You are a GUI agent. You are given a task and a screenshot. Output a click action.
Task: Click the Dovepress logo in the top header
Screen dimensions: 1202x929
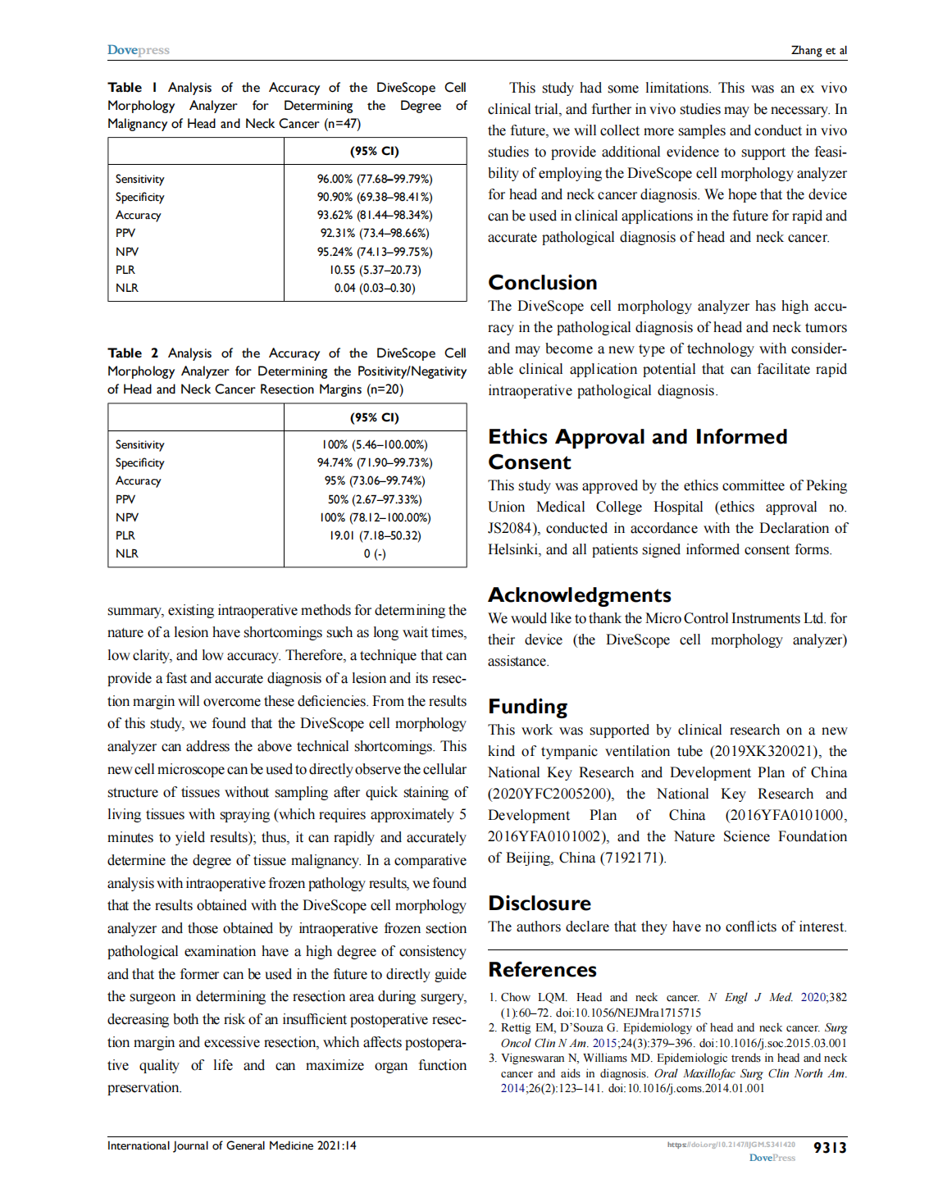click(x=138, y=50)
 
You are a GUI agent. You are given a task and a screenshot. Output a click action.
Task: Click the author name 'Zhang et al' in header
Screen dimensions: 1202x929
click(x=818, y=50)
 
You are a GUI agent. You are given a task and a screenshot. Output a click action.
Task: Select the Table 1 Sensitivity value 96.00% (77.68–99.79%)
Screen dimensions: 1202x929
click(x=375, y=179)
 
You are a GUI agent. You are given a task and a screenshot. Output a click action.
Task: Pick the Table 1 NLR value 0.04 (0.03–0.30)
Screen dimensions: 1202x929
click(x=375, y=288)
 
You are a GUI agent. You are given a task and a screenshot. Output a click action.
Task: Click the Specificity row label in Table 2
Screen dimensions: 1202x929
click(x=139, y=462)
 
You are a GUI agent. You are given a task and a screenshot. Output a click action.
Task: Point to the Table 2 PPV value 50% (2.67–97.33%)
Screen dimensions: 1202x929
click(x=375, y=499)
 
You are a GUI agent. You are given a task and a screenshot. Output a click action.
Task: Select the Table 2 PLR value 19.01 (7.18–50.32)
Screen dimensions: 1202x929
click(x=375, y=535)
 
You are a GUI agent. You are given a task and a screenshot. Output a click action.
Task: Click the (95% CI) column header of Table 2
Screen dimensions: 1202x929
click(x=375, y=417)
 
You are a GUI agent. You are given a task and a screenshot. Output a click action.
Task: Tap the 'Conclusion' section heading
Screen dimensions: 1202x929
click(x=542, y=283)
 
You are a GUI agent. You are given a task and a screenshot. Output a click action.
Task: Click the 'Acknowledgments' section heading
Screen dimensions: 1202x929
click(x=579, y=595)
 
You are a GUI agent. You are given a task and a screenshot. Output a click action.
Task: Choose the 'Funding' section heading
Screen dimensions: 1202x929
click(x=527, y=707)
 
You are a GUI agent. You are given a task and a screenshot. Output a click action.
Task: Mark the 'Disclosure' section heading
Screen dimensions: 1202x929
click(x=539, y=904)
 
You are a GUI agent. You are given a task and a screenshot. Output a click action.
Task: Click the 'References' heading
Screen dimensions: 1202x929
click(x=542, y=970)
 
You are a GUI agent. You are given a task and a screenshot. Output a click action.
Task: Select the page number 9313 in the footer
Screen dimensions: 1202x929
click(x=829, y=1148)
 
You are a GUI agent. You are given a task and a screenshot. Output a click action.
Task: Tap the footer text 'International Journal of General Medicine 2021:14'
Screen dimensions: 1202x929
click(x=231, y=1145)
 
